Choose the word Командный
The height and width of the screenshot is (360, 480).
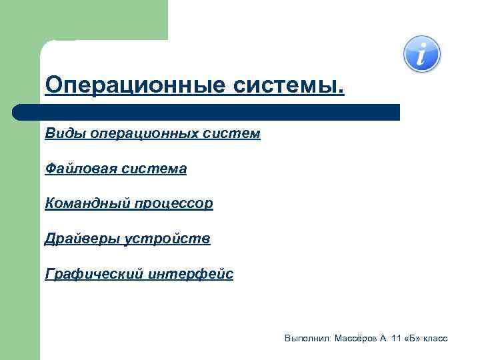[x=82, y=203]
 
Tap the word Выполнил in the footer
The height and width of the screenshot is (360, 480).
[x=305, y=339]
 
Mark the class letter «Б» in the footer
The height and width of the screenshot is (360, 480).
[x=413, y=339]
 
